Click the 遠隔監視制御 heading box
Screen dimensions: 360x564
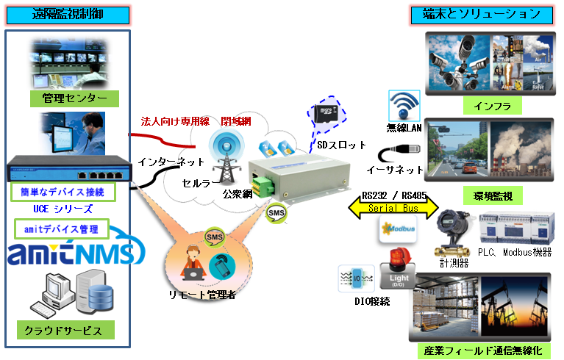click(x=68, y=14)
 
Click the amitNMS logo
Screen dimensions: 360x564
click(x=71, y=253)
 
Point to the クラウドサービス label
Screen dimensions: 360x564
click(x=67, y=330)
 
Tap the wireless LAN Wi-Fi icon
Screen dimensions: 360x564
click(x=404, y=105)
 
